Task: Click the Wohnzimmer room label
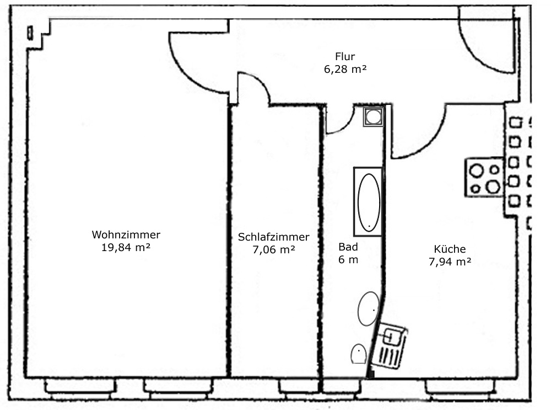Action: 126,235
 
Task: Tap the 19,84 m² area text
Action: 126,247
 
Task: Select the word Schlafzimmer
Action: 273,237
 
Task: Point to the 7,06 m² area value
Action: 273,249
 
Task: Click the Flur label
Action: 345,56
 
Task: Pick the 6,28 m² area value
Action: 345,69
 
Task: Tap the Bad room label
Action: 348,247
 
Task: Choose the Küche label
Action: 450,249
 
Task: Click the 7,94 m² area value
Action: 450,262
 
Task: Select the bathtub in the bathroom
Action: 368,201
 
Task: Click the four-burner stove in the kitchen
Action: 484,177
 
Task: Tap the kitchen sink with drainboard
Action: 390,347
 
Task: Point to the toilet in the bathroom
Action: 359,354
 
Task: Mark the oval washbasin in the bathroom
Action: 368,308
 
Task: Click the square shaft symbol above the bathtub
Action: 374,116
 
